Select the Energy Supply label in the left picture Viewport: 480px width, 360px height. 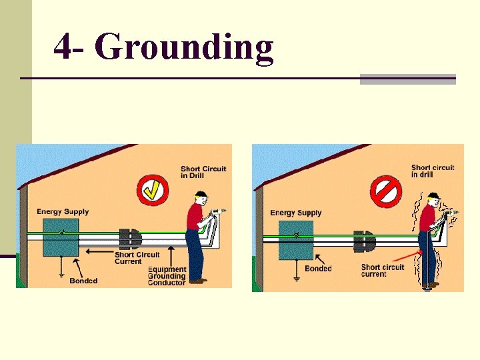[x=63, y=211]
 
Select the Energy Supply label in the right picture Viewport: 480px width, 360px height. [x=296, y=213]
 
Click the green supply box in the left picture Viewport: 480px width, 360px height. [x=61, y=237]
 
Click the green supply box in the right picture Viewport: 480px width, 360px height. [x=295, y=239]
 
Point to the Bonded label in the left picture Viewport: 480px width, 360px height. [x=83, y=281]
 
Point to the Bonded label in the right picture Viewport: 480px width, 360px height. [x=318, y=269]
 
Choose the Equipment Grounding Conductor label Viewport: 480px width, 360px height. [x=167, y=276]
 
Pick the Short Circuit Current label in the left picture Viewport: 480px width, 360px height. [x=137, y=257]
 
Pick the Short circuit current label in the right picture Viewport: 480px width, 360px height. [x=383, y=271]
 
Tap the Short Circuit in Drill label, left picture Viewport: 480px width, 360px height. [x=203, y=172]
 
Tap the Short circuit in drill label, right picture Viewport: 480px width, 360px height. [x=433, y=171]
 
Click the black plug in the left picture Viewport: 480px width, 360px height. [x=130, y=239]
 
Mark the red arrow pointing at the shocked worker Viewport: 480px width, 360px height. [x=406, y=255]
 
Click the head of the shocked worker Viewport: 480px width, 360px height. [x=433, y=200]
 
